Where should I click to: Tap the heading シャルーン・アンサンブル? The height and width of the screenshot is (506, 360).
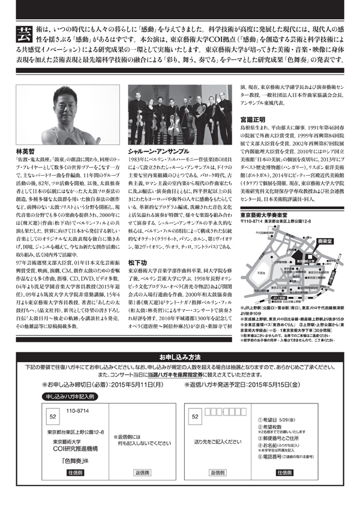[161, 152]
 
